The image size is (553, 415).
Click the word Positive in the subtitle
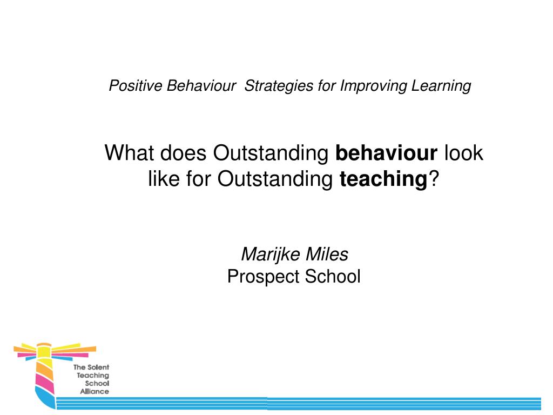coord(136,86)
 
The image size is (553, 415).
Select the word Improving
coord(374,86)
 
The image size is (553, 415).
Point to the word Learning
coord(441,86)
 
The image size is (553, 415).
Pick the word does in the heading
coord(184,153)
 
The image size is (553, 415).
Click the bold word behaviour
coord(386,153)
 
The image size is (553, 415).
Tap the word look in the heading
coord(463,153)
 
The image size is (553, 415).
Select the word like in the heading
coord(164,178)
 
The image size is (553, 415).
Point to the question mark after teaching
coord(434,178)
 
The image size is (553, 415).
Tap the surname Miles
coord(327,254)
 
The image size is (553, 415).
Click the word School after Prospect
coord(333,276)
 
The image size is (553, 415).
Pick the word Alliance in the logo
coord(95,391)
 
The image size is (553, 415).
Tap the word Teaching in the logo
coord(93,376)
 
